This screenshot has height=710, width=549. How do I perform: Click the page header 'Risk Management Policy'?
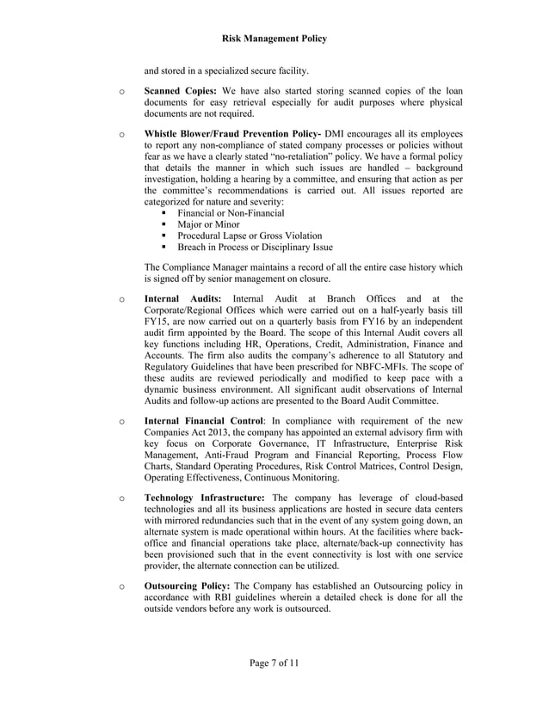point(274,39)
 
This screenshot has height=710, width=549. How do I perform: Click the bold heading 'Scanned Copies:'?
point(180,90)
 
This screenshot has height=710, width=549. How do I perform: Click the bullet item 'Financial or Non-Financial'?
point(231,212)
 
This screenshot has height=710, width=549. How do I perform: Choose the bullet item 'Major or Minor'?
point(208,224)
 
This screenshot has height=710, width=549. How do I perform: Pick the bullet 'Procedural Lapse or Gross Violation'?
point(250,236)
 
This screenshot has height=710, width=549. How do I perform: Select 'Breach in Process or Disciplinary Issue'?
point(255,247)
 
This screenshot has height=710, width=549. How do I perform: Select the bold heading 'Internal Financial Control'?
point(203,422)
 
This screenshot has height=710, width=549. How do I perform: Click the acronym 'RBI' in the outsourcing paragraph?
point(218,597)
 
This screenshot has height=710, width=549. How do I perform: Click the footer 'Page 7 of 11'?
point(274,662)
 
